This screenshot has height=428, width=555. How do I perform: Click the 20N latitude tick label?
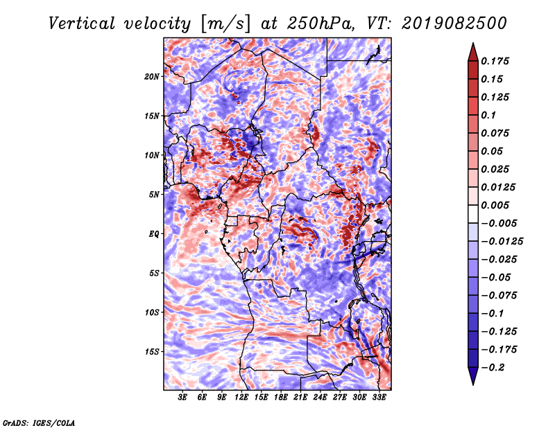click(x=152, y=77)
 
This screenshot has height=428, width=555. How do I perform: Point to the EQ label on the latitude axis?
click(x=153, y=234)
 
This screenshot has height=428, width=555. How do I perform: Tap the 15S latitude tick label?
click(x=152, y=352)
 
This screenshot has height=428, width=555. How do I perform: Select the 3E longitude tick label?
click(x=182, y=398)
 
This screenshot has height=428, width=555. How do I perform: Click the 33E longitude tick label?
click(x=379, y=398)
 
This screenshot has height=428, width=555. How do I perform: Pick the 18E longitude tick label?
click(x=281, y=398)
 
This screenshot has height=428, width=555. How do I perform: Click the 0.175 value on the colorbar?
click(x=495, y=61)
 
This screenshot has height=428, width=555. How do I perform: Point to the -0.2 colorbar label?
click(x=493, y=368)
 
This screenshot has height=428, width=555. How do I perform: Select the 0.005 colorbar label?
click(x=495, y=205)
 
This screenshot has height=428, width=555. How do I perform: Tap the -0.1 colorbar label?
click(x=493, y=314)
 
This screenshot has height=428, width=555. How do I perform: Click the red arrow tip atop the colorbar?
click(x=473, y=44)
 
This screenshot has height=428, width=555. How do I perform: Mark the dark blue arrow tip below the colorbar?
click(x=473, y=384)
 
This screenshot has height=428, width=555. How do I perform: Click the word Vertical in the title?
click(x=82, y=24)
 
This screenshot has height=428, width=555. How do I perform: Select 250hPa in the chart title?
click(x=321, y=24)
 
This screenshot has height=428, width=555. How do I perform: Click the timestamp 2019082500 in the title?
click(x=454, y=24)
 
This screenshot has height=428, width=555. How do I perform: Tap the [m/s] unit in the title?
click(x=225, y=24)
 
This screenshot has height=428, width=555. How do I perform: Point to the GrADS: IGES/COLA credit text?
click(x=39, y=423)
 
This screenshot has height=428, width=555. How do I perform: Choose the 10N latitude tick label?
click(x=152, y=155)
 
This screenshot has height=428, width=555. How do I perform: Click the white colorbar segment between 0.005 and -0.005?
click(x=473, y=214)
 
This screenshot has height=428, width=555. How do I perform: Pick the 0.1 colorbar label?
click(x=488, y=115)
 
